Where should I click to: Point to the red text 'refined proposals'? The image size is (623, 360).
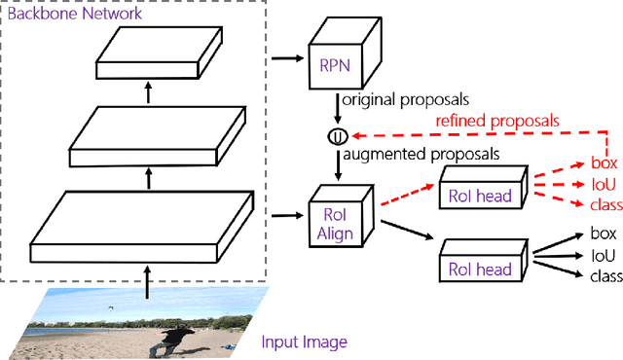(x=498, y=121)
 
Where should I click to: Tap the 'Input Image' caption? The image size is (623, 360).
(x=304, y=342)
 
